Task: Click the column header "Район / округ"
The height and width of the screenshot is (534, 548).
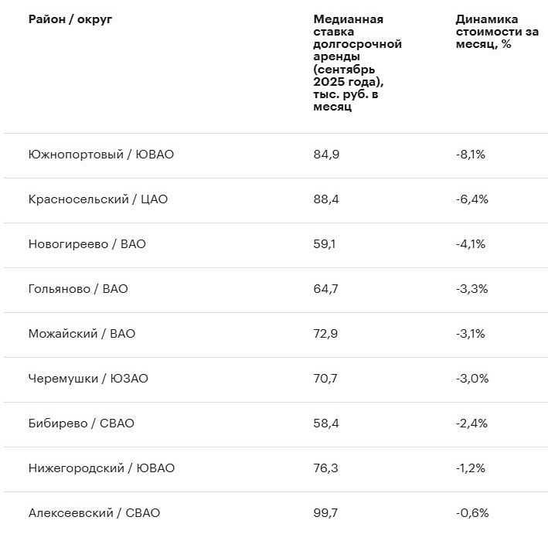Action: (x=70, y=19)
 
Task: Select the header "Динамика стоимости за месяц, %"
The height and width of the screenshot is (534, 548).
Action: (x=487, y=32)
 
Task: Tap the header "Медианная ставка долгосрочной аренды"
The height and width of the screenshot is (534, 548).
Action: (x=357, y=63)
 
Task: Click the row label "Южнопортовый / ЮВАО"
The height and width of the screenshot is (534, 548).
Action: (x=100, y=155)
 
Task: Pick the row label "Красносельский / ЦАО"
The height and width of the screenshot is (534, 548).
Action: (x=97, y=199)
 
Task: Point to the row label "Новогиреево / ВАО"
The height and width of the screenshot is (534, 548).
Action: (x=87, y=244)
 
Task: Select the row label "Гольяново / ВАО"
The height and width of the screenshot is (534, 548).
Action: (x=78, y=289)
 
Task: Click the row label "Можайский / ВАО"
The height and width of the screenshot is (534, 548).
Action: (x=81, y=334)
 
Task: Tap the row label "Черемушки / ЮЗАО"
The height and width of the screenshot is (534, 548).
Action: (x=88, y=379)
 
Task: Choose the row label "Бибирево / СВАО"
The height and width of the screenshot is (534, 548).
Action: (x=81, y=423)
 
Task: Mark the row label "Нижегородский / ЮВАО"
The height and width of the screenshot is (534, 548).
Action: (x=101, y=468)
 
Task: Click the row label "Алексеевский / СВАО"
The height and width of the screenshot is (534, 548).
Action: (x=94, y=513)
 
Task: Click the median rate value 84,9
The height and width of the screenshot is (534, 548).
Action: (x=326, y=155)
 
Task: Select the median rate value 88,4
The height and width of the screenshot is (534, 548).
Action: (x=326, y=199)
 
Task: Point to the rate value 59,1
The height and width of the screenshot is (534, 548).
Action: (x=325, y=244)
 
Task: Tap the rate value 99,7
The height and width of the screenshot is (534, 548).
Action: (x=326, y=513)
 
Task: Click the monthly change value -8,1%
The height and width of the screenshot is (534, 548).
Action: (x=471, y=155)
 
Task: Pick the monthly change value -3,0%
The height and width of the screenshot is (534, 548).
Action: (x=471, y=379)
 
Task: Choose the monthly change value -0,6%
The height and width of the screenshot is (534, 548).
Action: (x=471, y=513)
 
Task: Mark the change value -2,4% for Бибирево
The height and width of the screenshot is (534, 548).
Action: (x=471, y=423)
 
